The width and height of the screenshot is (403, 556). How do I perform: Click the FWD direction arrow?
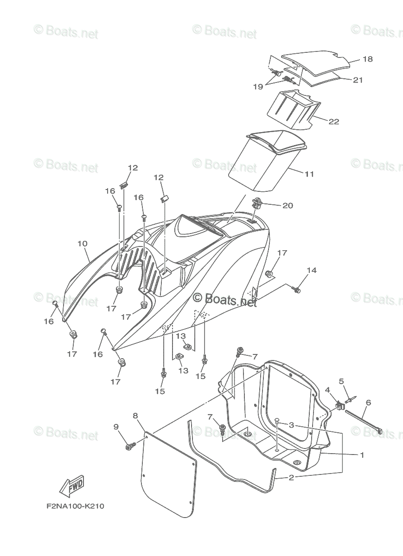71,486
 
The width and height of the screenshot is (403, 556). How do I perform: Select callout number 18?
367,59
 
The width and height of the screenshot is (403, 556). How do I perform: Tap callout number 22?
333,122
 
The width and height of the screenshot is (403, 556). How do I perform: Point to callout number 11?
309,174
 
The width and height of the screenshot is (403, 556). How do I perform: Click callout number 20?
288,205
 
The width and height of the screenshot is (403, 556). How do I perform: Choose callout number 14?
311,270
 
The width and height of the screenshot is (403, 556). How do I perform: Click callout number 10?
82,243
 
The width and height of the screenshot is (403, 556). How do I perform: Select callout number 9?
115,426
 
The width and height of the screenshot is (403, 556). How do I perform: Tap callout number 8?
135,416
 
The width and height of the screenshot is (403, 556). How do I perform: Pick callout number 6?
368,403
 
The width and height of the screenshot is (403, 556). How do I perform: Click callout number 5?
341,381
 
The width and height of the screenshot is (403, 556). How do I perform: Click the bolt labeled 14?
296,290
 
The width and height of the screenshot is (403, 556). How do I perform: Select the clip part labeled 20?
258,202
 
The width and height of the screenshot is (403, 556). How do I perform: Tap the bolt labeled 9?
129,447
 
